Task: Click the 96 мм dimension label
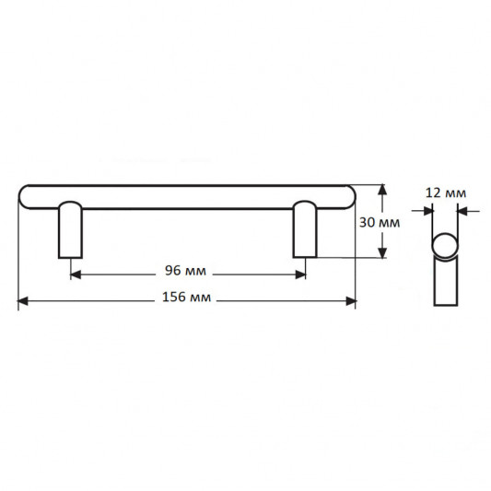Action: pyautogui.click(x=186, y=271)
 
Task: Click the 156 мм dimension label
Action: pyautogui.click(x=187, y=297)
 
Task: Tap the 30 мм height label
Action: pyautogui.click(x=380, y=223)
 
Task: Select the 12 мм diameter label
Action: pyautogui.click(x=446, y=193)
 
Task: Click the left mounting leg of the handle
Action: pyautogui.click(x=70, y=230)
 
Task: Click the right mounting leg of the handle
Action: pyautogui.click(x=305, y=229)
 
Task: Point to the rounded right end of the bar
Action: pyautogui.click(x=350, y=196)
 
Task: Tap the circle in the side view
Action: pyautogui.click(x=445, y=245)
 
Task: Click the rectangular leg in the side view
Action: pyautogui.click(x=446, y=281)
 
